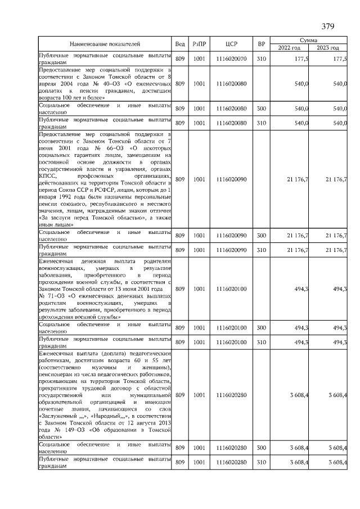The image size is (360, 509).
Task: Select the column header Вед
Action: pyautogui.click(x=180, y=44)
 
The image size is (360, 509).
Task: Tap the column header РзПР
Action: pyautogui.click(x=199, y=44)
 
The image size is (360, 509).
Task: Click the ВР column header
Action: pyautogui.click(x=261, y=44)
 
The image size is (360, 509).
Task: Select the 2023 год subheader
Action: pyautogui.click(x=328, y=48)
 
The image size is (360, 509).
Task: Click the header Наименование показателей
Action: pyautogui.click(x=105, y=44)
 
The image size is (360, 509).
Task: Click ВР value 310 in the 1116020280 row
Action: pyautogui.click(x=261, y=462)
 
